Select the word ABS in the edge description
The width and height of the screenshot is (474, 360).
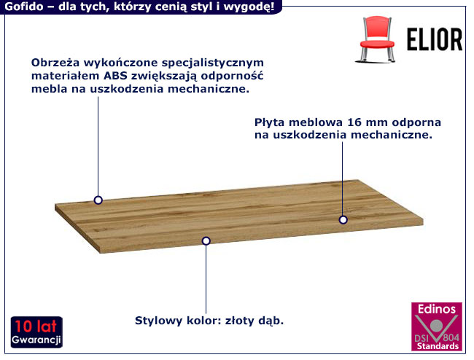click(113, 76)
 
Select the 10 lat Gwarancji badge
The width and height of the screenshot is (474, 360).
click(36, 332)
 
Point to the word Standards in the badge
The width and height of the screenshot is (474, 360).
click(436, 347)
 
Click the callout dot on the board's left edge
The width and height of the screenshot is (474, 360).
click(98, 200)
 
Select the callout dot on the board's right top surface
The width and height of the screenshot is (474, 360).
click(343, 219)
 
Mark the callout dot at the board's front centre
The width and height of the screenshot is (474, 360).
click(206, 240)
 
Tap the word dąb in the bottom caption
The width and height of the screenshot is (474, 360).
click(271, 321)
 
